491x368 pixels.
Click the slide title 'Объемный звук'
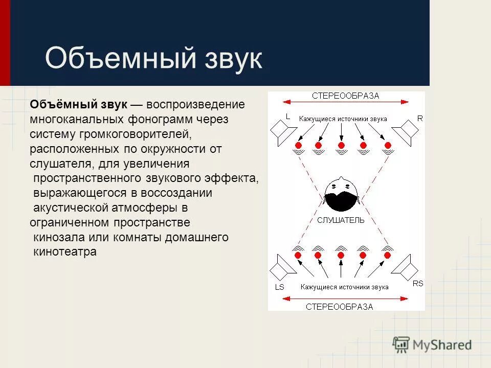[153, 58]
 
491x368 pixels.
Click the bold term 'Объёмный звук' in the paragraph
[78, 105]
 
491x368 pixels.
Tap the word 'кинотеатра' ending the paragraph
[64, 252]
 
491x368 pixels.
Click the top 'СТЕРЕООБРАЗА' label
[346, 96]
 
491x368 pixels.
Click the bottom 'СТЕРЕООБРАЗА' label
[339, 307]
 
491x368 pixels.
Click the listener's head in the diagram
[340, 195]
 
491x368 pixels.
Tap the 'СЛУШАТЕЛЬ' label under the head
[341, 220]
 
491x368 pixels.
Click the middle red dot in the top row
[341, 146]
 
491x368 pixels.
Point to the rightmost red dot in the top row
[387, 146]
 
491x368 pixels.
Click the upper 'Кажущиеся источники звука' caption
[343, 119]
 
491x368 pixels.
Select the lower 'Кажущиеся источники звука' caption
[344, 287]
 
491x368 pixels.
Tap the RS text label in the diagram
[418, 284]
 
